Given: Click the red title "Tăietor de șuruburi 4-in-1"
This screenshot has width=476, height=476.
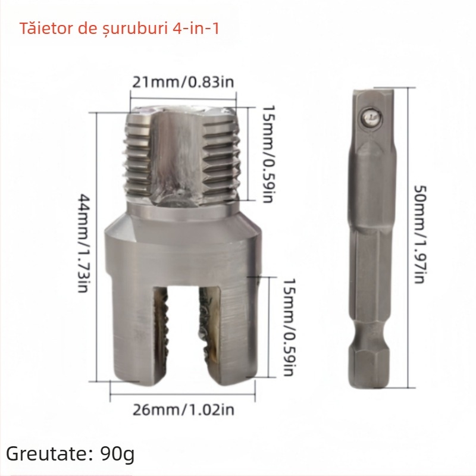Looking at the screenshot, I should tap(119, 28).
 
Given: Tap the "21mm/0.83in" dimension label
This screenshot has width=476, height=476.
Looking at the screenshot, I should tap(183, 82).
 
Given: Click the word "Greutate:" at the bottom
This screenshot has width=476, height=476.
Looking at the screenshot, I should tap(46, 455).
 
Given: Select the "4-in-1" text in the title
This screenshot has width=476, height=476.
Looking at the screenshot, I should tap(194, 28).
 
